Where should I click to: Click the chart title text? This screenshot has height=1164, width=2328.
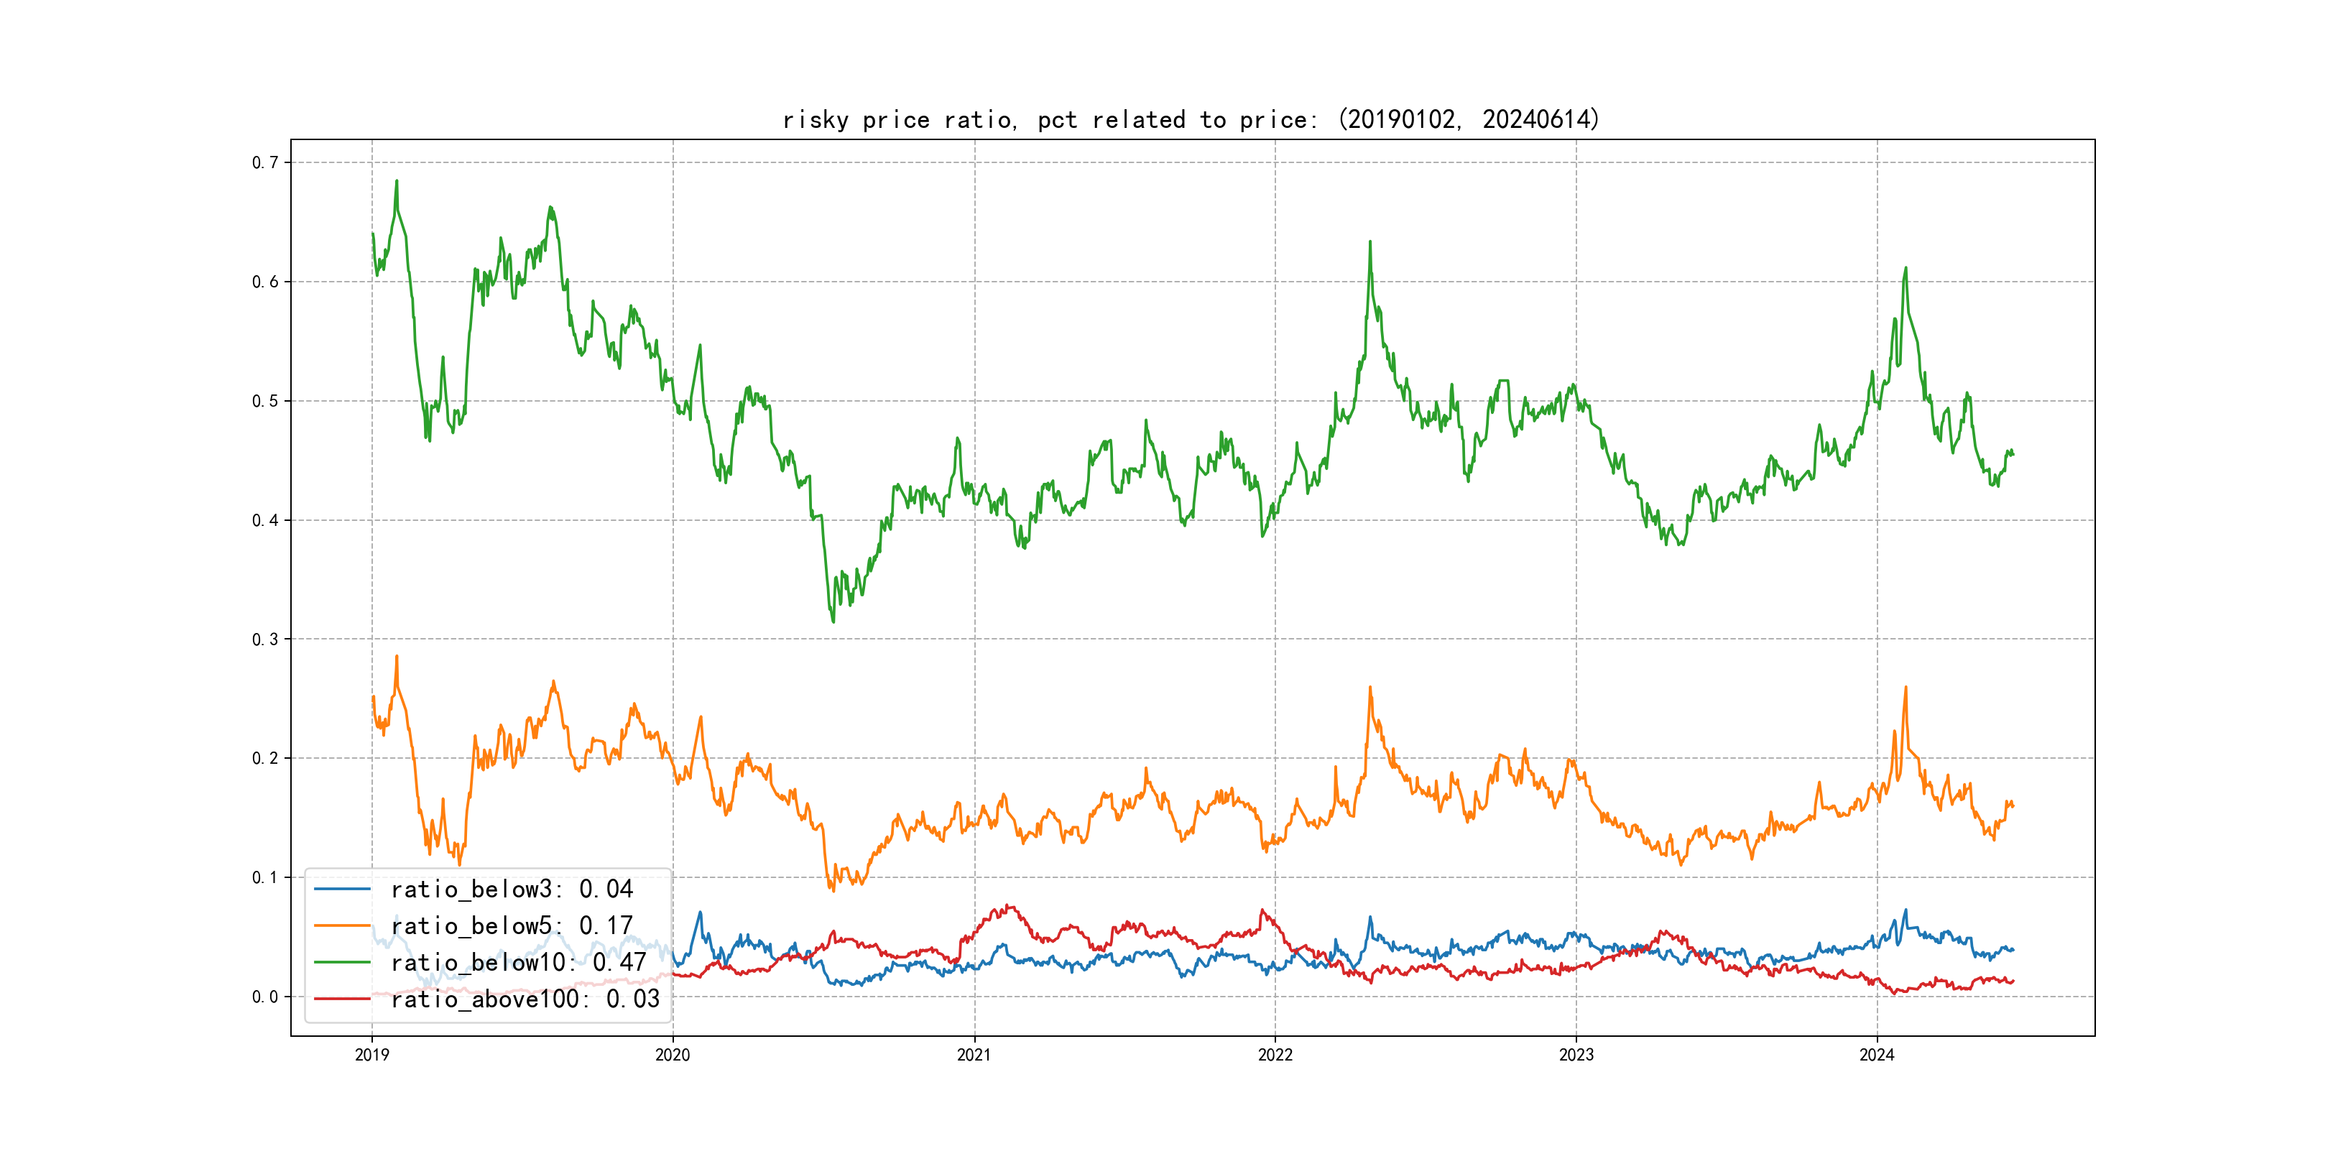1190,119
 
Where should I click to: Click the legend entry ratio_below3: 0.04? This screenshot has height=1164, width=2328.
512,890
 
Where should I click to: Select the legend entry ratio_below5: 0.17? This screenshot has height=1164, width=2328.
512,925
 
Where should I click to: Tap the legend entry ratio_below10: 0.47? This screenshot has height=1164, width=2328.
518,963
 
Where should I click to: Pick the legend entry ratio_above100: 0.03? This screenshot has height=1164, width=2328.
525,999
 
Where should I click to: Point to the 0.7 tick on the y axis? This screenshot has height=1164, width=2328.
265,162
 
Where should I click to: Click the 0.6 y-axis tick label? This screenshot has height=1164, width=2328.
265,282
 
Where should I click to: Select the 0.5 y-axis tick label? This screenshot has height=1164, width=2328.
265,401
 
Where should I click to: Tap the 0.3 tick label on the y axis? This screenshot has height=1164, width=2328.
265,639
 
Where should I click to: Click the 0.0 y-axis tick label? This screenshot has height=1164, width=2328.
265,997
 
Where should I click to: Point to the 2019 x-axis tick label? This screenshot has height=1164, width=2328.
371,1055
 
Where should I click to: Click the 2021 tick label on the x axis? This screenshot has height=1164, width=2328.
974,1055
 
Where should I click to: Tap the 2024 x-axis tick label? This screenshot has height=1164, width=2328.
1877,1055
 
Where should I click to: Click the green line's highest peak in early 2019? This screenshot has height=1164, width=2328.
396,181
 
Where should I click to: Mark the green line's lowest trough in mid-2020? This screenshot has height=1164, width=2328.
832,621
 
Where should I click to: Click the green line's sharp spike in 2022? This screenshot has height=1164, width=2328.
1370,242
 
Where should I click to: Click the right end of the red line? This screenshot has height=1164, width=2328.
2013,981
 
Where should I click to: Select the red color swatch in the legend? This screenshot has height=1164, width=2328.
341,999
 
